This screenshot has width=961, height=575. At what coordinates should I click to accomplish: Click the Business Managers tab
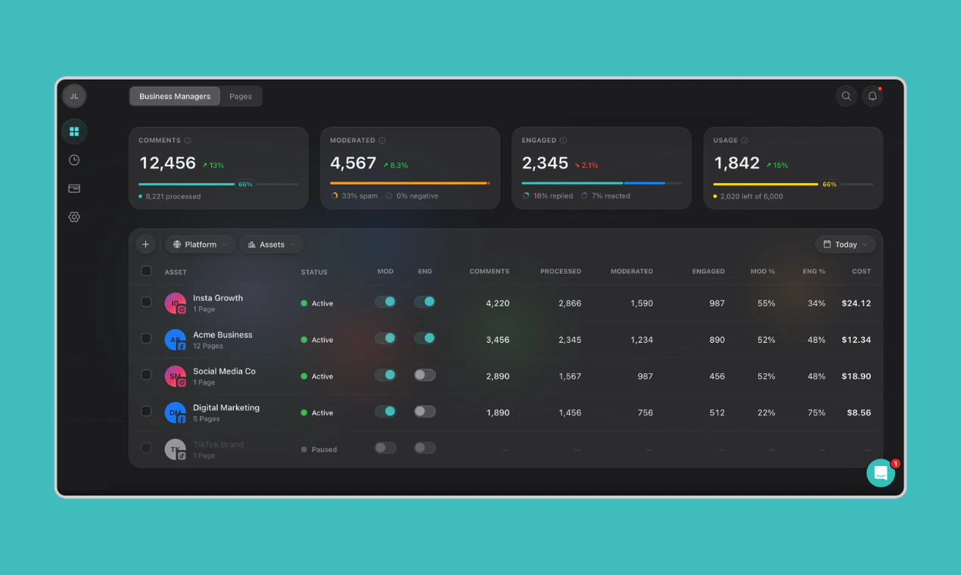pyautogui.click(x=175, y=96)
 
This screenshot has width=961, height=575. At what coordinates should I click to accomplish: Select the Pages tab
pyautogui.click(x=241, y=96)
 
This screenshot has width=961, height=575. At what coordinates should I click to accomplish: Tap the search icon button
pyautogui.click(x=846, y=96)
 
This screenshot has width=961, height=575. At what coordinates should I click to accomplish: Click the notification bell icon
pyautogui.click(x=872, y=96)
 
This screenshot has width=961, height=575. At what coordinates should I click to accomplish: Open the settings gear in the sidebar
pyautogui.click(x=74, y=217)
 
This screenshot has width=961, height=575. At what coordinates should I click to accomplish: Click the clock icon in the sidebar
pyautogui.click(x=74, y=160)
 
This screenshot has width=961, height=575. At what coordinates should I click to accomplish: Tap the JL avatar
pyautogui.click(x=74, y=96)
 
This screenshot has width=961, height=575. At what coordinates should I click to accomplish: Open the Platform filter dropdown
pyautogui.click(x=200, y=244)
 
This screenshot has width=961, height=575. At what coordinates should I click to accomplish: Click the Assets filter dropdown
pyautogui.click(x=272, y=244)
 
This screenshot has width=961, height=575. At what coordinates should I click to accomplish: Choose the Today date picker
pyautogui.click(x=845, y=244)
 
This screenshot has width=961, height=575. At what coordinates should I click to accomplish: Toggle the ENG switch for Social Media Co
pyautogui.click(x=425, y=375)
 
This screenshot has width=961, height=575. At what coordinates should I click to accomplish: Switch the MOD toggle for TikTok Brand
pyautogui.click(x=385, y=448)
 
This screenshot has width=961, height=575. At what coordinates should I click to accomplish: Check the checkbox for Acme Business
pyautogui.click(x=146, y=338)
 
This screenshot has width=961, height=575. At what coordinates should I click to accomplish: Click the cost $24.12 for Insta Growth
pyautogui.click(x=856, y=303)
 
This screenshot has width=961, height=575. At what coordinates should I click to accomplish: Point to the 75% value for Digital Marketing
pyautogui.click(x=816, y=413)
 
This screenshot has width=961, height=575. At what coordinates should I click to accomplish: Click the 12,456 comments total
pyautogui.click(x=168, y=163)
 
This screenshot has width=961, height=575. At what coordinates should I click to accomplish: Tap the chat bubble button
pyautogui.click(x=881, y=473)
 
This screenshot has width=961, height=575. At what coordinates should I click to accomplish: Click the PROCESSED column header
pyautogui.click(x=561, y=272)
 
